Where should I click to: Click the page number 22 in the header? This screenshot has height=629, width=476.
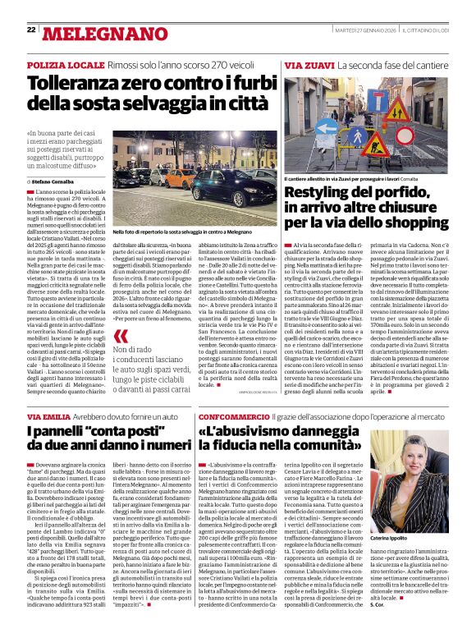tap(30, 30)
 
